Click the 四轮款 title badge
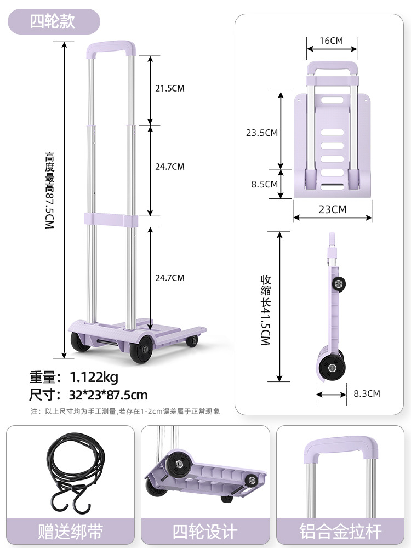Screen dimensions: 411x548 tap(54, 22)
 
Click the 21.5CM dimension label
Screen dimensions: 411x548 tap(169, 88)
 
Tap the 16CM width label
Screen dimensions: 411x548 tap(332, 41)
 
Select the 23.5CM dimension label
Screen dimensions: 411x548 tap(262, 133)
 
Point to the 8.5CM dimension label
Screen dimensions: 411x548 tap(265, 184)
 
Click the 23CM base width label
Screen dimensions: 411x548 tap(333, 209)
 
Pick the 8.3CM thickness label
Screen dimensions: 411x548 tap(367, 393)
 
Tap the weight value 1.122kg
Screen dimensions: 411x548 tap(94, 377)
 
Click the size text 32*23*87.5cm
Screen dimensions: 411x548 tap(109, 395)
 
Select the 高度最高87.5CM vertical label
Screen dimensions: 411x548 tap(50, 191)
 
